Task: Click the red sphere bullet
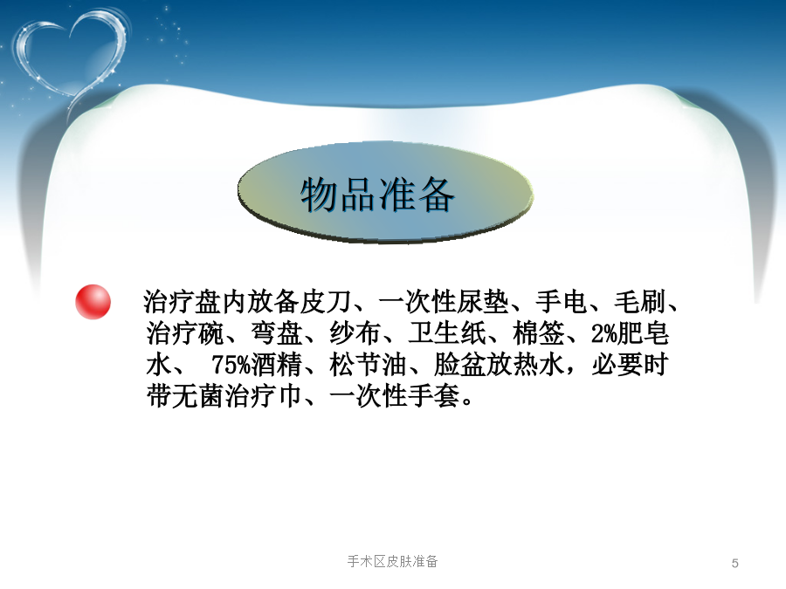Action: [93, 302]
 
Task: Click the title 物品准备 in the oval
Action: [377, 195]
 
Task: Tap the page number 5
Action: [734, 563]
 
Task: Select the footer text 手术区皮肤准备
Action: [392, 561]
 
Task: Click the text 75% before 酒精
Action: [231, 365]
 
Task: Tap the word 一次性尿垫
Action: [444, 302]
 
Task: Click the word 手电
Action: [562, 302]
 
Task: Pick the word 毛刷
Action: [640, 302]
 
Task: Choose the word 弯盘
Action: [277, 333]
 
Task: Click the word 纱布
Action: [355, 333]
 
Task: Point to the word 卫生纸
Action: [447, 333]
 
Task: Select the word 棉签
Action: [539, 333]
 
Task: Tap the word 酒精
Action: [277, 365]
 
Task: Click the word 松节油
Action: [369, 365]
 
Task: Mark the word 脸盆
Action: [460, 365]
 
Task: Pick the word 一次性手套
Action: [395, 396]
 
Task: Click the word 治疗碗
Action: [185, 333]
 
